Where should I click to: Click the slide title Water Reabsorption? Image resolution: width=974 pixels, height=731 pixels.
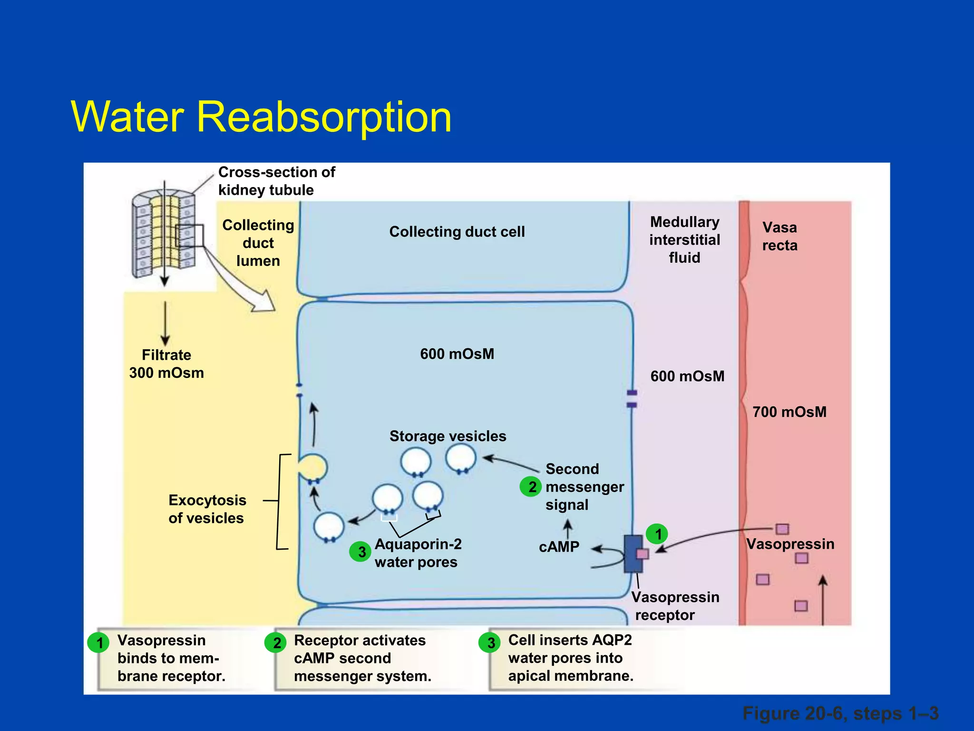261,117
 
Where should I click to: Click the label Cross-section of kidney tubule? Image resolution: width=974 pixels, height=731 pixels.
276,181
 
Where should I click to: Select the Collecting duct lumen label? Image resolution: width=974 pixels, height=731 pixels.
258,243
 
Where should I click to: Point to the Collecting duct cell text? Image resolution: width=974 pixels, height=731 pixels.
457,232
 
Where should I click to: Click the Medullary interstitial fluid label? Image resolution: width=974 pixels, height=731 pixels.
684,240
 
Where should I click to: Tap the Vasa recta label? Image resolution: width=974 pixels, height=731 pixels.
779,237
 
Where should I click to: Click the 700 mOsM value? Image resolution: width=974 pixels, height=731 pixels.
789,412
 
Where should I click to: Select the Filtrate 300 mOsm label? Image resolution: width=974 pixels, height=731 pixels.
166,364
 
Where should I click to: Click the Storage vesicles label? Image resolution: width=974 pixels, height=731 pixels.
448,436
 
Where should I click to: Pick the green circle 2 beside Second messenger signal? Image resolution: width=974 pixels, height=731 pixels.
531,486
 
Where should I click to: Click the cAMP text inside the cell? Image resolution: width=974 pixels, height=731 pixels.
559,547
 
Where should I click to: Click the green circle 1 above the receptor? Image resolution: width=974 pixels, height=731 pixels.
657,534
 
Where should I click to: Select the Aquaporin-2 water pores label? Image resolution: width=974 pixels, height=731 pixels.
418,553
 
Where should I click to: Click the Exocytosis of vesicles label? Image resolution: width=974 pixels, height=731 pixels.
207,509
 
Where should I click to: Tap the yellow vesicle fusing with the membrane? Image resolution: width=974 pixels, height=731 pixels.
312,467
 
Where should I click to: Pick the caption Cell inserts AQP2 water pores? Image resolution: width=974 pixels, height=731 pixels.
570,658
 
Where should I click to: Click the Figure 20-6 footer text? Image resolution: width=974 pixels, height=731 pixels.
840,713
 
